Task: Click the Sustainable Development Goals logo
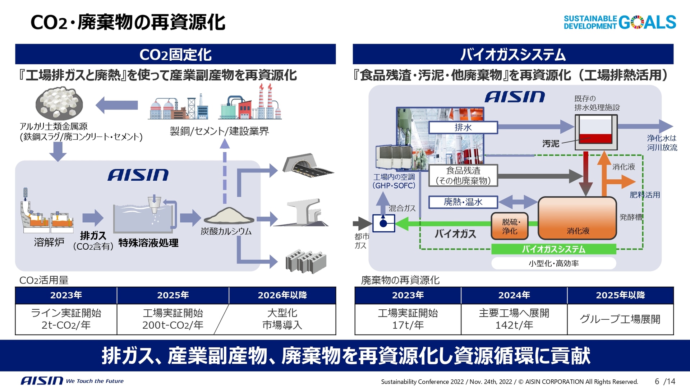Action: (620, 22)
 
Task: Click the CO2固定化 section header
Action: (175, 55)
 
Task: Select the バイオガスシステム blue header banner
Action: (513, 55)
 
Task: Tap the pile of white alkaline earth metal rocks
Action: (59, 103)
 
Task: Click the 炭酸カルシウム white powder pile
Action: (228, 216)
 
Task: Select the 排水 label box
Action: (463, 128)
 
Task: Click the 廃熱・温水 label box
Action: (463, 202)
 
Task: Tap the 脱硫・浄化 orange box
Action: (510, 226)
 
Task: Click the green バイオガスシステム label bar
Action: (553, 249)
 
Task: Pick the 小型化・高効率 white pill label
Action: (553, 263)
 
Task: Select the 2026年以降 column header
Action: (282, 295)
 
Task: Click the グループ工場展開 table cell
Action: (620, 319)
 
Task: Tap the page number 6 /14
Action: (665, 381)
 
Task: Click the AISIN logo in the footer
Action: (42, 380)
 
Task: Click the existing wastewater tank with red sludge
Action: (596, 132)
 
